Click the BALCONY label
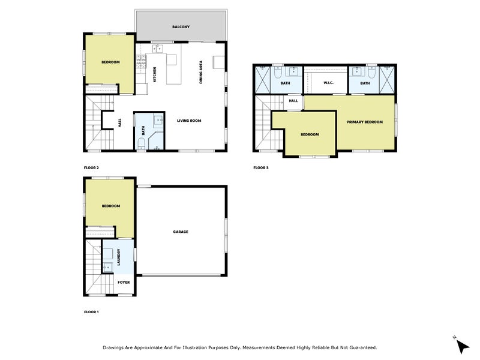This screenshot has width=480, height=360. pyautogui.click(x=181, y=27)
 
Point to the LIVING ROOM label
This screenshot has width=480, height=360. pyautogui.click(x=188, y=121)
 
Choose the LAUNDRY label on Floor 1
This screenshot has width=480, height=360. pyautogui.click(x=120, y=257)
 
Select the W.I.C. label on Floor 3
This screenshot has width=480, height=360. pyautogui.click(x=328, y=83)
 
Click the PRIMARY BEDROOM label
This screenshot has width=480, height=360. pyautogui.click(x=364, y=122)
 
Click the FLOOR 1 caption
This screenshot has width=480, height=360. pyautogui.click(x=91, y=312)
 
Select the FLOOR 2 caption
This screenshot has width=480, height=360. pyautogui.click(x=91, y=167)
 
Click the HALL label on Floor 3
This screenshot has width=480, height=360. pyautogui.click(x=293, y=101)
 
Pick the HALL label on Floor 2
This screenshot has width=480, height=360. pyautogui.click(x=120, y=122)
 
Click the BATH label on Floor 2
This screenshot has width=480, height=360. pyautogui.click(x=143, y=129)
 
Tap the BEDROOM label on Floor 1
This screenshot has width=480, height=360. pyautogui.click(x=110, y=206)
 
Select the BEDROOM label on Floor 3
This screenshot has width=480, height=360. pyautogui.click(x=309, y=134)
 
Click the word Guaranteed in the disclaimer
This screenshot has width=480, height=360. pyautogui.click(x=360, y=347)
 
